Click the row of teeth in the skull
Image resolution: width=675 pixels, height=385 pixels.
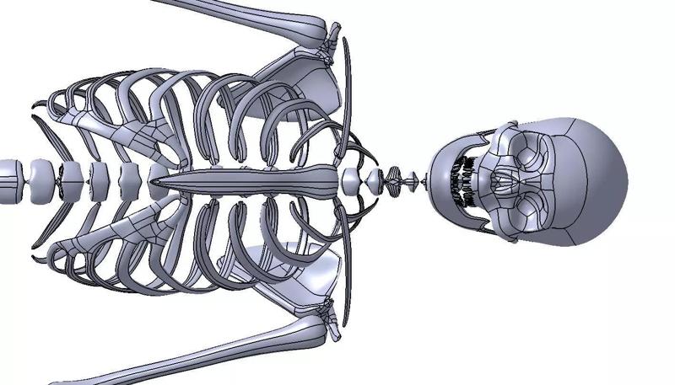(462, 180)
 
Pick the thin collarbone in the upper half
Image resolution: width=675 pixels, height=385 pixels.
(347, 84)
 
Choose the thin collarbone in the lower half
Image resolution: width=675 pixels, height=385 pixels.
(347, 274)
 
